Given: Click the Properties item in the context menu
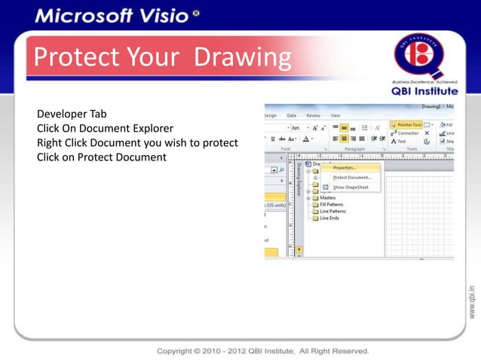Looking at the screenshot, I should tap(345, 168).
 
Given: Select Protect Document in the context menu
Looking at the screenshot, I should tap(351, 177).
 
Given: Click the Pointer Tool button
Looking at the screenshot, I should tap(407, 124).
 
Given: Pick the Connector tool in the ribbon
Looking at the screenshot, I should tap(408, 133).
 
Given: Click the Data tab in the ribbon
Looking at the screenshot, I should tap(291, 115).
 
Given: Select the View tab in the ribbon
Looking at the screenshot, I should tap(335, 115).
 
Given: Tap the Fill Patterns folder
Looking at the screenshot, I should tap(332, 205).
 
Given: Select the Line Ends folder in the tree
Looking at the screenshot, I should tap(329, 218).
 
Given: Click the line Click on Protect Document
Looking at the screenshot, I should tap(101, 157).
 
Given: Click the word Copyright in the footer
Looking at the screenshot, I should tap(179, 351).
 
